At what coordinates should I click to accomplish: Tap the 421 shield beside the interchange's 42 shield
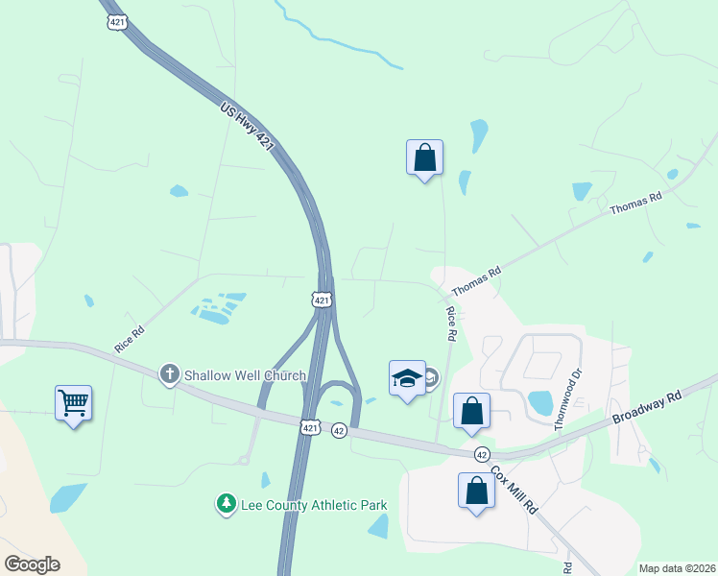click(310, 427)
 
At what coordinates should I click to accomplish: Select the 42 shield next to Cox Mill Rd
click(482, 453)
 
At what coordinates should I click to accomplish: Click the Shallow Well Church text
click(245, 375)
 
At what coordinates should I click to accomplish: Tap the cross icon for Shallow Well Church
click(170, 373)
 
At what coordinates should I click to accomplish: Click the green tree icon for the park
click(226, 503)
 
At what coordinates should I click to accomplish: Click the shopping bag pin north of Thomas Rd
click(424, 157)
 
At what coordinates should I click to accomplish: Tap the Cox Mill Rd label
click(514, 490)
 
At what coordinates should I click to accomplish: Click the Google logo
click(32, 564)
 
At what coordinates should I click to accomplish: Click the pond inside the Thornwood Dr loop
click(540, 403)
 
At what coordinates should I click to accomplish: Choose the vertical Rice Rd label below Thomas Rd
click(449, 324)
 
